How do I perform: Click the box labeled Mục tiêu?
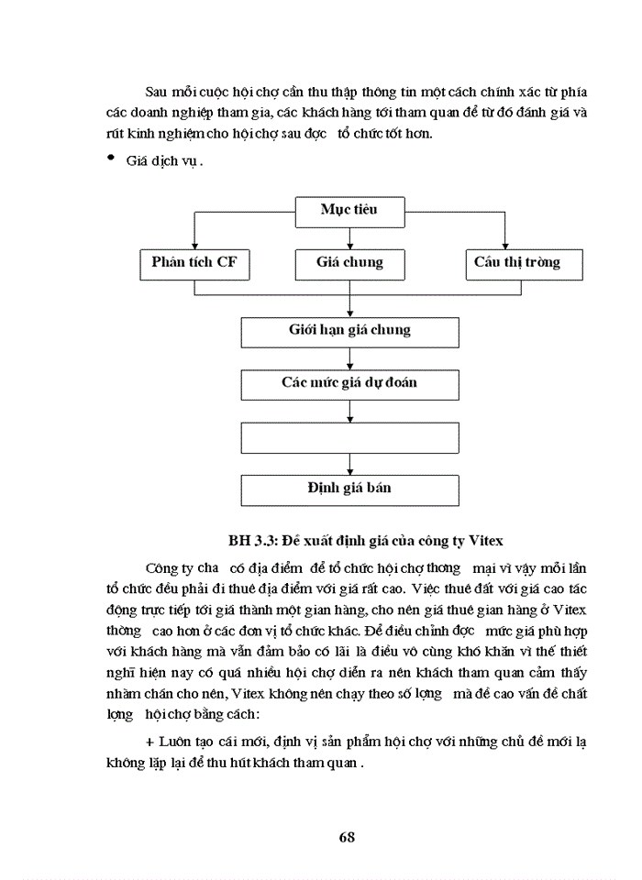click(349, 211)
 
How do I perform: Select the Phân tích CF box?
click(194, 263)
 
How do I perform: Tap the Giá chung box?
click(349, 263)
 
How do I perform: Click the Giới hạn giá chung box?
click(349, 331)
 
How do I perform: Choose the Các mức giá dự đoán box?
click(349, 383)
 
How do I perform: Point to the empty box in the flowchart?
click(349, 436)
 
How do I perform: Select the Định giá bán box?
click(349, 489)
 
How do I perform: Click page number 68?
click(347, 836)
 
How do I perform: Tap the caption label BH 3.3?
click(249, 538)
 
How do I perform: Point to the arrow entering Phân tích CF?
click(194, 243)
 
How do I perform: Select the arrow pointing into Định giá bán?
click(349, 467)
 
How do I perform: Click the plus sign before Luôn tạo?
click(150, 741)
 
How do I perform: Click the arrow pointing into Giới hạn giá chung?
click(349, 310)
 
